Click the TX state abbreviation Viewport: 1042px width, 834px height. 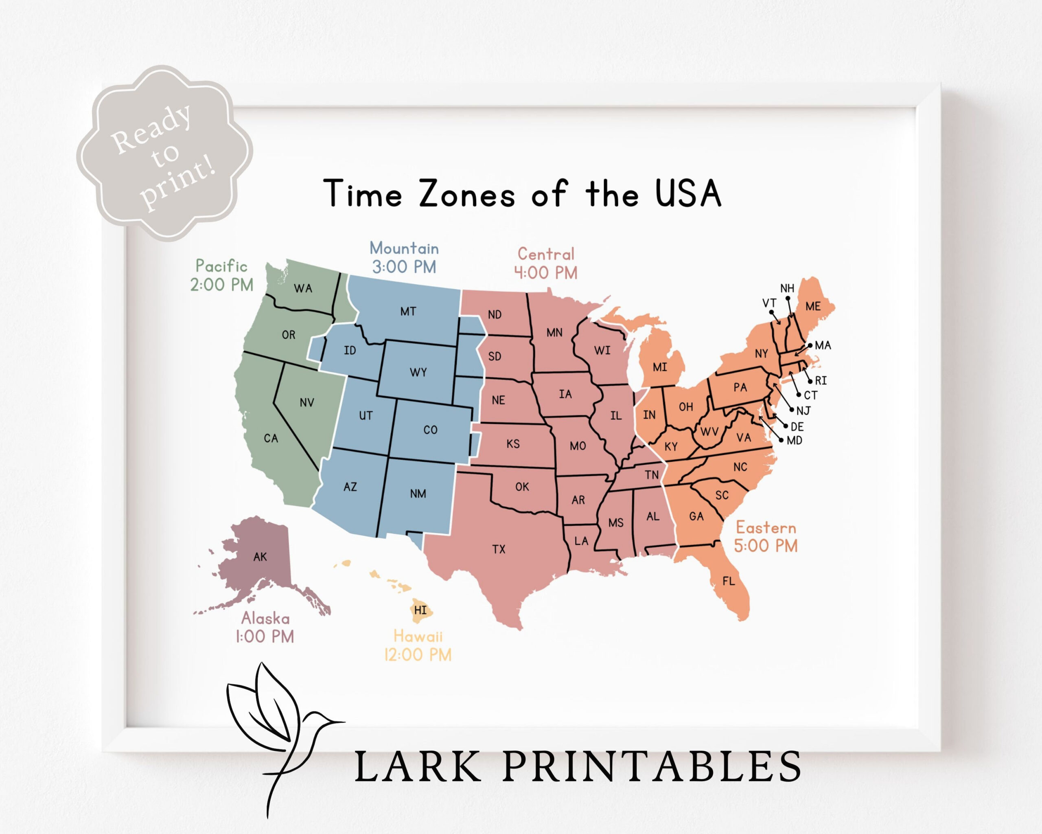(x=499, y=549)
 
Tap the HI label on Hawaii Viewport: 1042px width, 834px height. (x=420, y=610)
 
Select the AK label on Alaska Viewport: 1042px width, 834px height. (x=260, y=557)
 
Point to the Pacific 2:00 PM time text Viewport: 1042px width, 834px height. (x=222, y=285)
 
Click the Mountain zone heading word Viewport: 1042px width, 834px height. (x=404, y=248)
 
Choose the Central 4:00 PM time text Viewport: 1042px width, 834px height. (x=546, y=273)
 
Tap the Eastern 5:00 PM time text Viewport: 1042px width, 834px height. (x=766, y=546)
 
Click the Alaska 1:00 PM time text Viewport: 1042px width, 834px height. (x=265, y=636)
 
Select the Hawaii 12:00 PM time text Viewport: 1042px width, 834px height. (x=418, y=655)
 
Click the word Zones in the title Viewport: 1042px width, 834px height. (x=466, y=194)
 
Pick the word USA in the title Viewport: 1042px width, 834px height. (x=688, y=193)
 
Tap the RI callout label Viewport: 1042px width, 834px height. (x=821, y=380)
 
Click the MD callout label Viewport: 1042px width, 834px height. (x=795, y=441)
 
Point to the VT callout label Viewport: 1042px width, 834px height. (x=769, y=303)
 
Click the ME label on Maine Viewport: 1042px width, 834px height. (x=812, y=306)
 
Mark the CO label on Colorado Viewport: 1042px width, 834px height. (x=430, y=430)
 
